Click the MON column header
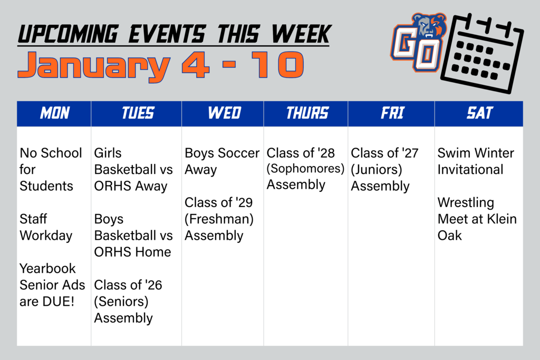click(54, 113)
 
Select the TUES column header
click(138, 113)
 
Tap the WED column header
click(224, 113)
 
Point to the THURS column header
click(307, 113)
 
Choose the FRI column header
click(392, 113)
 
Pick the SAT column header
click(479, 113)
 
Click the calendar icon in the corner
click(481, 53)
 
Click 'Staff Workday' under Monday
click(46, 227)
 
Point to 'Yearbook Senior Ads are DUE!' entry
click(52, 285)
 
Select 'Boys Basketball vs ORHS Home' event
click(133, 236)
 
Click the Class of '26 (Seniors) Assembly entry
click(128, 301)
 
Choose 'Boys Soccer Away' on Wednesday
click(221, 161)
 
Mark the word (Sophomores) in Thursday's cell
click(305, 169)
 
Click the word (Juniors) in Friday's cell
click(377, 170)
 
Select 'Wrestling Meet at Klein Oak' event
click(477, 219)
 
